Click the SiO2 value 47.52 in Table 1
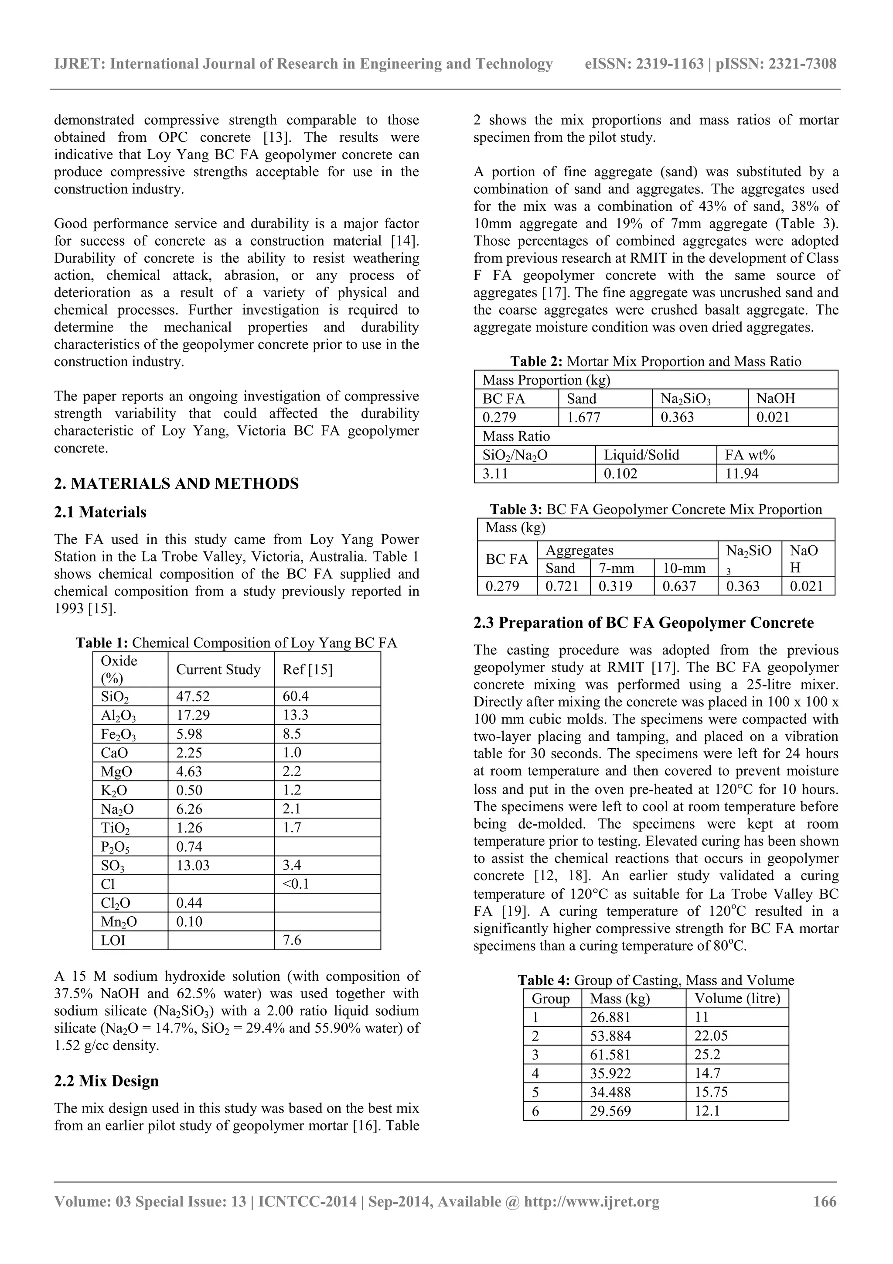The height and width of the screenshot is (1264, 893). point(193,696)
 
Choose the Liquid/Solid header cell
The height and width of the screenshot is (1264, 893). point(641,455)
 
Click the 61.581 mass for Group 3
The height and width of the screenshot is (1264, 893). point(610,1055)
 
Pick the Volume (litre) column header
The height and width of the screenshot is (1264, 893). point(737,999)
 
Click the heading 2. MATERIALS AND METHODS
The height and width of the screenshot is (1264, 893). point(176,483)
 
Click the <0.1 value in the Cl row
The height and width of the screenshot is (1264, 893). point(296,884)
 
